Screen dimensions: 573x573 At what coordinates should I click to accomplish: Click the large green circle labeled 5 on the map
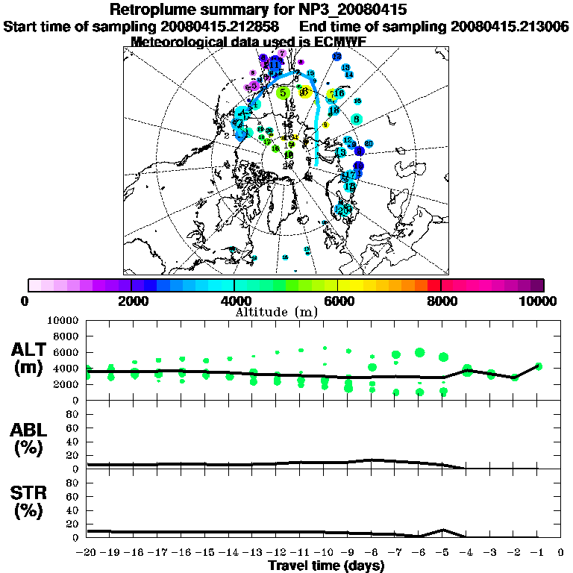[x=283, y=93]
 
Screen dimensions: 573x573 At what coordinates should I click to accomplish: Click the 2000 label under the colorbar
[x=131, y=301]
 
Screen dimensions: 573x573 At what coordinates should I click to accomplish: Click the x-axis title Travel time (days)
[x=326, y=566]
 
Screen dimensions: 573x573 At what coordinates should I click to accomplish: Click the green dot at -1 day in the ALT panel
[x=539, y=366]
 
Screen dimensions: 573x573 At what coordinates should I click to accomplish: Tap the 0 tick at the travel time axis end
[x=561, y=552]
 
